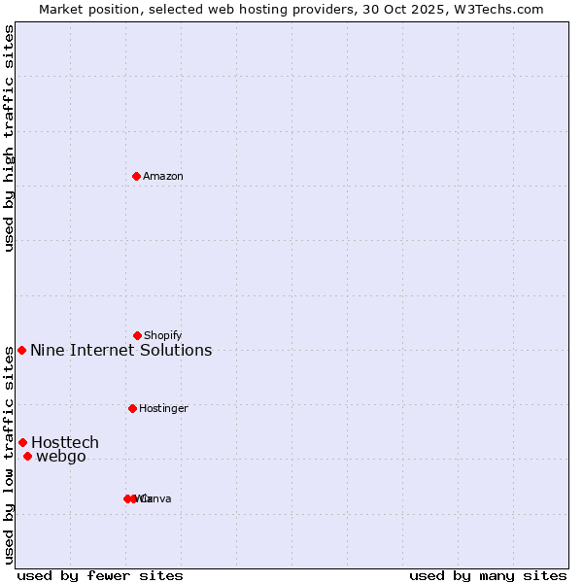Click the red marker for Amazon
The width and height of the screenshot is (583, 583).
point(137,176)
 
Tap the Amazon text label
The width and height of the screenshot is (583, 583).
point(163,176)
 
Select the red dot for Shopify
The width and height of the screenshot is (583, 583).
point(137,335)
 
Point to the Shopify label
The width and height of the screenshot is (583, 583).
point(163,335)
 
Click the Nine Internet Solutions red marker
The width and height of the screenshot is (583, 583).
point(21,350)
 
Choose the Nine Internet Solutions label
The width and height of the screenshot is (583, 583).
point(121,350)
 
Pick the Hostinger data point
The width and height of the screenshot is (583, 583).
point(132,408)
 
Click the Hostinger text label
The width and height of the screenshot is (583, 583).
point(163,408)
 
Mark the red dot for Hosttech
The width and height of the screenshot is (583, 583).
point(22,442)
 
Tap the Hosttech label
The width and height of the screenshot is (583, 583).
point(65,442)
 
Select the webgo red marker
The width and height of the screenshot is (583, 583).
point(27,456)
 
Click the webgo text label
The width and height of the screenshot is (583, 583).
point(61,456)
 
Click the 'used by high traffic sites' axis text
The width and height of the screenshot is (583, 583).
point(9,138)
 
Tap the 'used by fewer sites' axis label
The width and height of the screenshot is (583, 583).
point(100,575)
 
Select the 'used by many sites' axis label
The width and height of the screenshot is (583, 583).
point(488,575)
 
